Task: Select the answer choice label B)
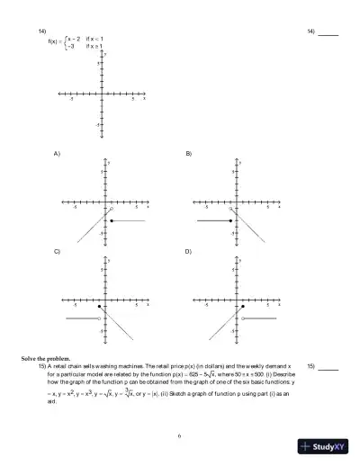pos(189,154)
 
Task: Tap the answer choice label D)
pos(189,252)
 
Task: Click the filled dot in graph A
pos(111,220)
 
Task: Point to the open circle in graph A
pos(111,210)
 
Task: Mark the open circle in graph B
pos(232,210)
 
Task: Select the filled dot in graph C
pos(100,307)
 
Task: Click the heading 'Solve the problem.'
pos(46,358)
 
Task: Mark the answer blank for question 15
pos(328,370)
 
